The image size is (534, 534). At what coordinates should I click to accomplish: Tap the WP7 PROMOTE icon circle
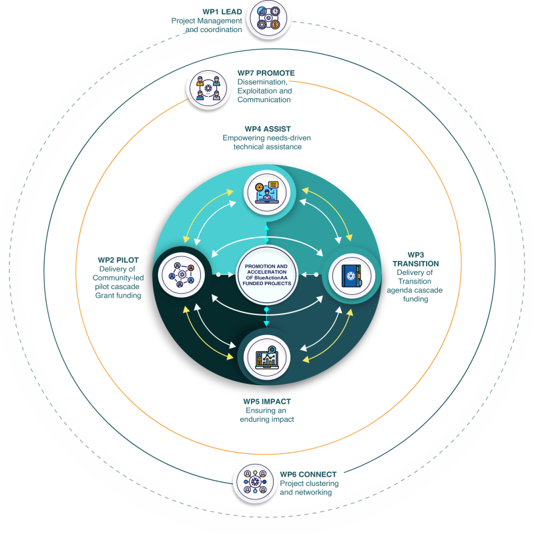click(208, 87)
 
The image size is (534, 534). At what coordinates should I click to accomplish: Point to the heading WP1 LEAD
click(223, 11)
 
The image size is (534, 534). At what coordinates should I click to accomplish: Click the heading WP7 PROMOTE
click(266, 73)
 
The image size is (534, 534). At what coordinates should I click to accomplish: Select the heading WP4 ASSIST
click(266, 128)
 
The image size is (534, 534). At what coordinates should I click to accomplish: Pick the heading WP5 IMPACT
click(267, 401)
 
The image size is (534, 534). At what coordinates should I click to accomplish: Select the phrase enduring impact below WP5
click(267, 420)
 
